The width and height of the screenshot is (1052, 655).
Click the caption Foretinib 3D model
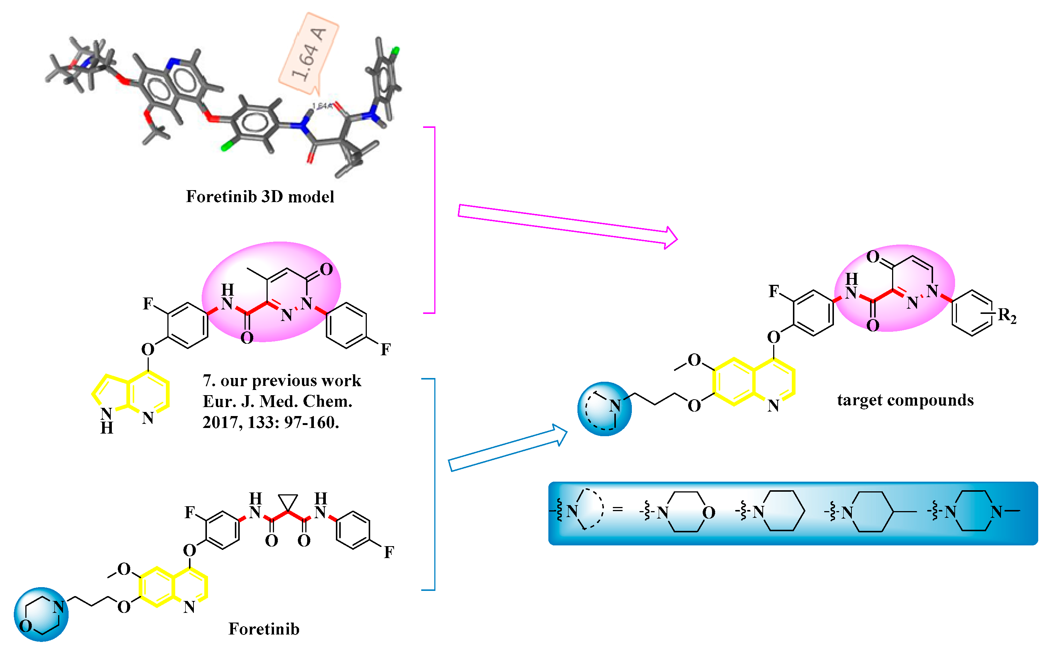tap(260, 197)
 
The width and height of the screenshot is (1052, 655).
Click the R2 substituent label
tap(1007, 316)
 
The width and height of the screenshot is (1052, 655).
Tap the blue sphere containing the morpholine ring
tap(41, 614)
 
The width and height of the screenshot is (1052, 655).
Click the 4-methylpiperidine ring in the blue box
tap(870, 511)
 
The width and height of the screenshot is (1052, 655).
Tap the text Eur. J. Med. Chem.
tap(278, 401)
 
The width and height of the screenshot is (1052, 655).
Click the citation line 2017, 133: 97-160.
tap(271, 422)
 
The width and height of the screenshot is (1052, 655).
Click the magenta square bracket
tap(432, 220)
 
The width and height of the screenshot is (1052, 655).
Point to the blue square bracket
tap(432, 484)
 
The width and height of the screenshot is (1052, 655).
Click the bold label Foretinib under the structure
tap(264, 629)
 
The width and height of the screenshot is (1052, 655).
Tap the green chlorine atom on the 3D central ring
tap(226, 148)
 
